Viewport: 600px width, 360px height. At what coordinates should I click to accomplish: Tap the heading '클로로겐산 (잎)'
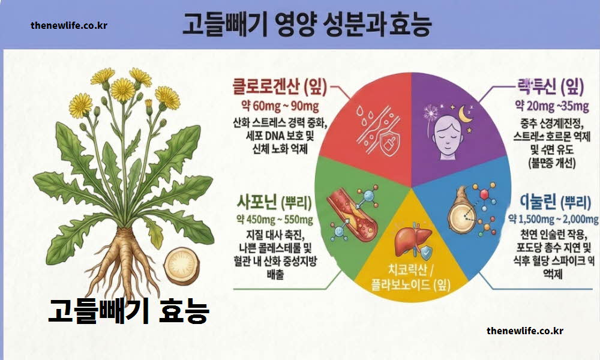coord(280,88)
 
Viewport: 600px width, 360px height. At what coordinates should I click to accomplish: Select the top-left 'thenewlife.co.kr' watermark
coord(69,26)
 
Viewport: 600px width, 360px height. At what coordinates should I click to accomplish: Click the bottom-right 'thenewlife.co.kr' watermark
coord(525,331)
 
